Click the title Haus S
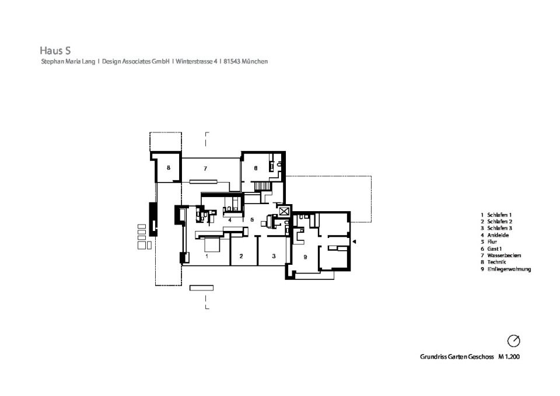(55, 50)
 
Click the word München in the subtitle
(255, 61)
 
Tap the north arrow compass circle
(513, 341)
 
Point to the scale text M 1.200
(509, 356)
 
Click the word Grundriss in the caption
(432, 356)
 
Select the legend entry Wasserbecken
(504, 255)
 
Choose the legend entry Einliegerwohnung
(509, 269)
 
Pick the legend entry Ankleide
(498, 235)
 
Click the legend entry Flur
(492, 242)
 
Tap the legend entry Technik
(496, 262)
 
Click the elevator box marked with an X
(284, 211)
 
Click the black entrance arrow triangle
(354, 242)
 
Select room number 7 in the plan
(205, 168)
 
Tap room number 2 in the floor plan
(241, 256)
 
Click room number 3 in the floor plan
(274, 255)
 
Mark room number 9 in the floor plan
(305, 257)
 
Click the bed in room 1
(212, 246)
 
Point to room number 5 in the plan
(252, 219)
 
